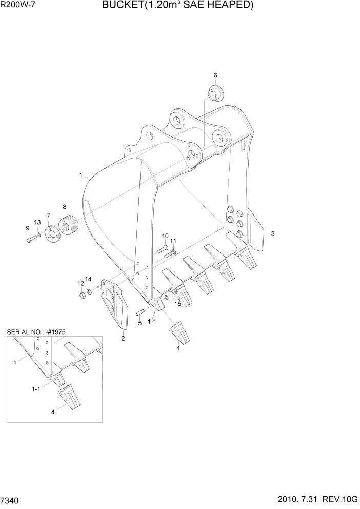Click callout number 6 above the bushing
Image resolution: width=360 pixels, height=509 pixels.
pos(215,75)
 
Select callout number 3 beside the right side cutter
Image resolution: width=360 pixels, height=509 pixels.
pos(273,234)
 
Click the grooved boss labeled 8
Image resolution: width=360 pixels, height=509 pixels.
pos(68,225)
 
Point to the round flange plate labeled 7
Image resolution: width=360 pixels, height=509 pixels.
pos(52,234)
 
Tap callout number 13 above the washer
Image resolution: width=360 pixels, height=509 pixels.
pos(37,222)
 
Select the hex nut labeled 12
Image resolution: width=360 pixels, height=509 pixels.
pos(82,296)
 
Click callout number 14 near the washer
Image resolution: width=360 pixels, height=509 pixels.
pos(88,279)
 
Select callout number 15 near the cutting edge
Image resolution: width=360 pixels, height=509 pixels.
pos(178,304)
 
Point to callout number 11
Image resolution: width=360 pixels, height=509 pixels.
pos(173,241)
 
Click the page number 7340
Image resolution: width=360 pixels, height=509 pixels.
pos(11,500)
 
